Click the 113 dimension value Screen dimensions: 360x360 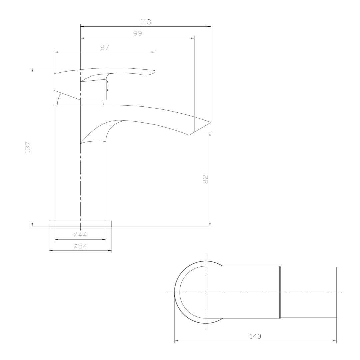click(x=146, y=22)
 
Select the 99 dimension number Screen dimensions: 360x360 click(x=138, y=34)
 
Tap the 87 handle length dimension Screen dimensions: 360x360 click(x=105, y=48)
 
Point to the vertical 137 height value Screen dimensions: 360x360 click(x=28, y=147)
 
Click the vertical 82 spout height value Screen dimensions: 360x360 click(x=205, y=179)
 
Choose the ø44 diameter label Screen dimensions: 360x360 click(x=80, y=235)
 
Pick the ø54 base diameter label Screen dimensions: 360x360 click(x=80, y=246)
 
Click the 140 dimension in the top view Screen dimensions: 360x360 click(x=255, y=336)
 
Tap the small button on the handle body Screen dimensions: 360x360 click(x=107, y=86)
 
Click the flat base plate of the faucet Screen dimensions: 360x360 click(x=80, y=223)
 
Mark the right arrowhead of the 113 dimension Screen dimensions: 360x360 click(x=210, y=26)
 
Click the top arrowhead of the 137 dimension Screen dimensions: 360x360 click(x=32, y=70)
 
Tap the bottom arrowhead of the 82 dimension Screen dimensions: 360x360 click(x=210, y=225)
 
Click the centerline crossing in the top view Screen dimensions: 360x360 click(x=206, y=292)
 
